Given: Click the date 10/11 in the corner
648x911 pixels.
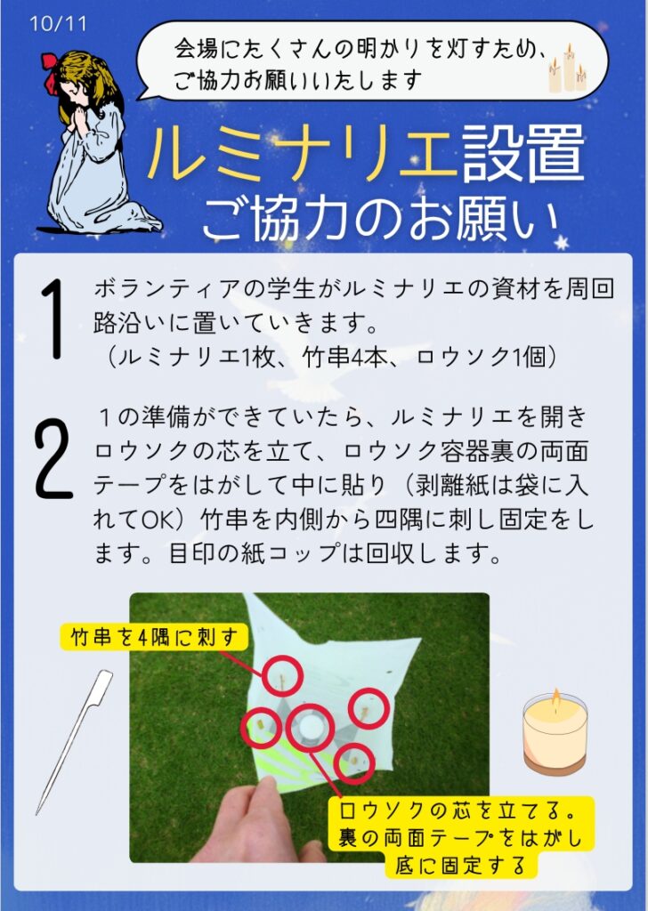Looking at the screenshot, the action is [x=58, y=24].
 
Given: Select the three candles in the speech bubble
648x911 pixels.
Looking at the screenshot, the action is [x=567, y=69].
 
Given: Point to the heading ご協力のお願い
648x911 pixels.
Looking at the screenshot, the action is [x=381, y=220].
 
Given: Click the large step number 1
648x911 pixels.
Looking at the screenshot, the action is [x=53, y=319].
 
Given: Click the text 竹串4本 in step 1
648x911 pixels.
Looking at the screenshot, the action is [x=344, y=358].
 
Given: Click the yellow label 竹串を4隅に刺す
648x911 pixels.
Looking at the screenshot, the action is [x=154, y=637].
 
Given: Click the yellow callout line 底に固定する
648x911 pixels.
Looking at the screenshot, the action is [x=460, y=865].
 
